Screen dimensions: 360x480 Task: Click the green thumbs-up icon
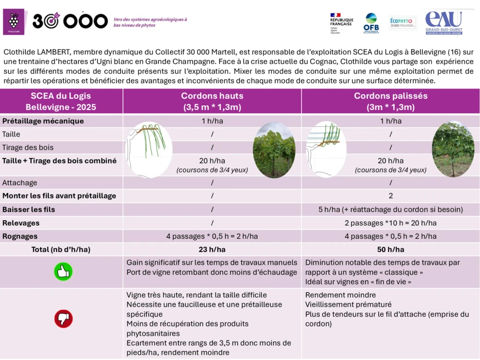pyautogui.click(x=63, y=272)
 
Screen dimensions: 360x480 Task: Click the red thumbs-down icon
pyautogui.click(x=63, y=319)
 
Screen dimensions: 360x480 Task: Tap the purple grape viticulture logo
pyautogui.click(x=14, y=21)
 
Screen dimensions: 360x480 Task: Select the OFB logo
pyautogui.click(x=371, y=23)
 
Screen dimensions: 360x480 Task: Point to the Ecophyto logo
pyautogui.click(x=401, y=23)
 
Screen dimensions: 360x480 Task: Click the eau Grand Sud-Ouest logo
pyautogui.click(x=444, y=23)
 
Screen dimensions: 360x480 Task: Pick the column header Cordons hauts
pyautogui.click(x=212, y=101)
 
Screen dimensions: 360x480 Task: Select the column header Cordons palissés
pyautogui.click(x=390, y=101)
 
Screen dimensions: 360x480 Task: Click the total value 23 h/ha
pyautogui.click(x=212, y=249)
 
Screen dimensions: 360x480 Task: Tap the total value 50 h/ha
pyautogui.click(x=390, y=249)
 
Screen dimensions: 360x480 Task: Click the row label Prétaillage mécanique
pyautogui.click(x=43, y=121)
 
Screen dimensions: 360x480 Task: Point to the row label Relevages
pyautogui.click(x=21, y=223)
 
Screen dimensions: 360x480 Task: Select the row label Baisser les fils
pyautogui.click(x=28, y=209)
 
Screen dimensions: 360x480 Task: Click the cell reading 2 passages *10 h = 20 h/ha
pyautogui.click(x=390, y=223)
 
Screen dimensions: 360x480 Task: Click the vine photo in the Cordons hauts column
pyautogui.click(x=274, y=150)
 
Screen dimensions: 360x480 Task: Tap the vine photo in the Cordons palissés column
pyautogui.click(x=453, y=149)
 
